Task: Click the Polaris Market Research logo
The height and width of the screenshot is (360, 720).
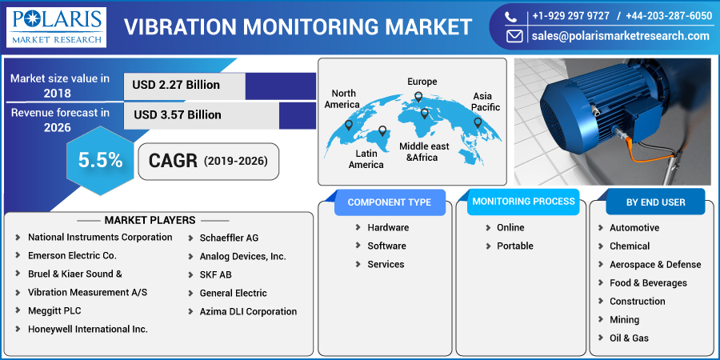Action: tap(57, 26)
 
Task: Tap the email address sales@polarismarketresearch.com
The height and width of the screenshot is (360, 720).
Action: tap(620, 36)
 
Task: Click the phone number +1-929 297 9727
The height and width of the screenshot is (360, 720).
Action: tap(570, 15)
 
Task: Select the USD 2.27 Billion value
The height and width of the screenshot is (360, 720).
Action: tap(177, 85)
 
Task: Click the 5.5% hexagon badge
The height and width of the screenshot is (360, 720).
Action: tap(100, 160)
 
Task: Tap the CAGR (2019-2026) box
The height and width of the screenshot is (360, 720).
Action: tap(209, 161)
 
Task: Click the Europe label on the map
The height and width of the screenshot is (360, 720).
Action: tap(422, 82)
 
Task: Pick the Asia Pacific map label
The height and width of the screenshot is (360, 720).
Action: tap(486, 102)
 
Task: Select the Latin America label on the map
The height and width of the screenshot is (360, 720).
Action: tap(366, 158)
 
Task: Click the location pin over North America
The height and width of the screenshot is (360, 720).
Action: tap(348, 125)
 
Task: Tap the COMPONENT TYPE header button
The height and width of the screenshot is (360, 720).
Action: tap(389, 202)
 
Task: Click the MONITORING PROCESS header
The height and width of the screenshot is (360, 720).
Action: tap(523, 202)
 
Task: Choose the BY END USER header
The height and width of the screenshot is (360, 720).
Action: tap(655, 202)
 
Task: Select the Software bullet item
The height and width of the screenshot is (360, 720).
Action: tap(386, 246)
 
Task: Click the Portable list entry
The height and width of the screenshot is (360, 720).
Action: tap(514, 246)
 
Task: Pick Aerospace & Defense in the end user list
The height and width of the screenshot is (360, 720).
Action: tap(654, 265)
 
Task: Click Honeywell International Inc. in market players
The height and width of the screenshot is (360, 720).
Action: tap(87, 329)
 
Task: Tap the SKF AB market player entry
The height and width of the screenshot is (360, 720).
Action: tap(215, 274)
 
